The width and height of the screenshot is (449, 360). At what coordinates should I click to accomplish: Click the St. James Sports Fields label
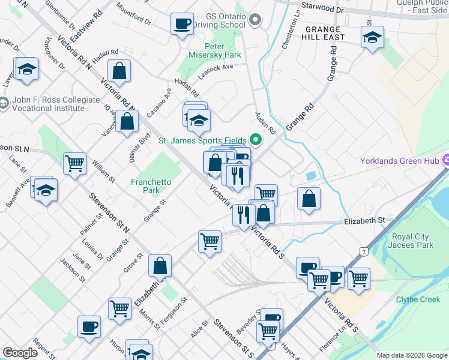(203, 141)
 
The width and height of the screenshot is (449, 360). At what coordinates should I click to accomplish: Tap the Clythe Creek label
(418, 299)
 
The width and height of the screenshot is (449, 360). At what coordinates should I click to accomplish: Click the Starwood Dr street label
(323, 10)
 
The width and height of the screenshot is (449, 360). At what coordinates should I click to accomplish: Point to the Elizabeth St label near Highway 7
(364, 221)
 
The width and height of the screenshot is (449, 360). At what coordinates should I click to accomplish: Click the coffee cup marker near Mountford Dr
(181, 25)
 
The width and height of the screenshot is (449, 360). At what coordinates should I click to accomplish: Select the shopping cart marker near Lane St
(75, 163)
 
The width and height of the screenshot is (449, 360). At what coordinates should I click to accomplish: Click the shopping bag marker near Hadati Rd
(120, 71)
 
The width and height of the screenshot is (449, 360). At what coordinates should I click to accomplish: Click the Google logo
(20, 353)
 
